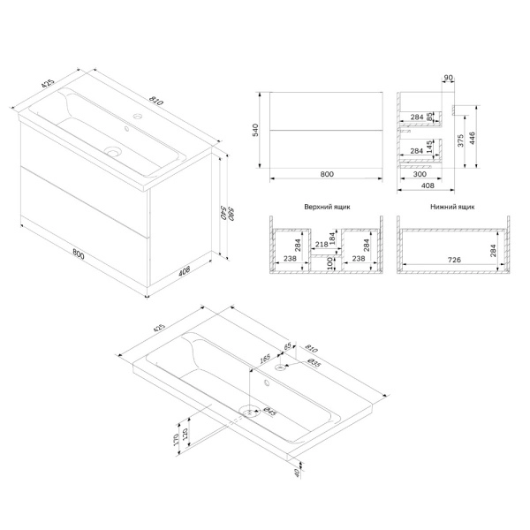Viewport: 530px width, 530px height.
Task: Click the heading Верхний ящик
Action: (x=327, y=207)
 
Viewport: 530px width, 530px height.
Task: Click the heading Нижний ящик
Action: (x=452, y=207)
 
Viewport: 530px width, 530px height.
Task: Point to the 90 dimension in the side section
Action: (x=448, y=78)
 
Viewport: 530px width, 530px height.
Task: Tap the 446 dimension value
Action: (x=473, y=138)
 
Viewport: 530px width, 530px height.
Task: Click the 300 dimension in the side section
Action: (x=420, y=174)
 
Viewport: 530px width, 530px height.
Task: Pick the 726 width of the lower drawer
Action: (x=454, y=260)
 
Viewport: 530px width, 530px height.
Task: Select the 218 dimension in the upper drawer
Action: (x=322, y=245)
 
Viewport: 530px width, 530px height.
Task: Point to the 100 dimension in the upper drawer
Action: (x=330, y=263)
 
